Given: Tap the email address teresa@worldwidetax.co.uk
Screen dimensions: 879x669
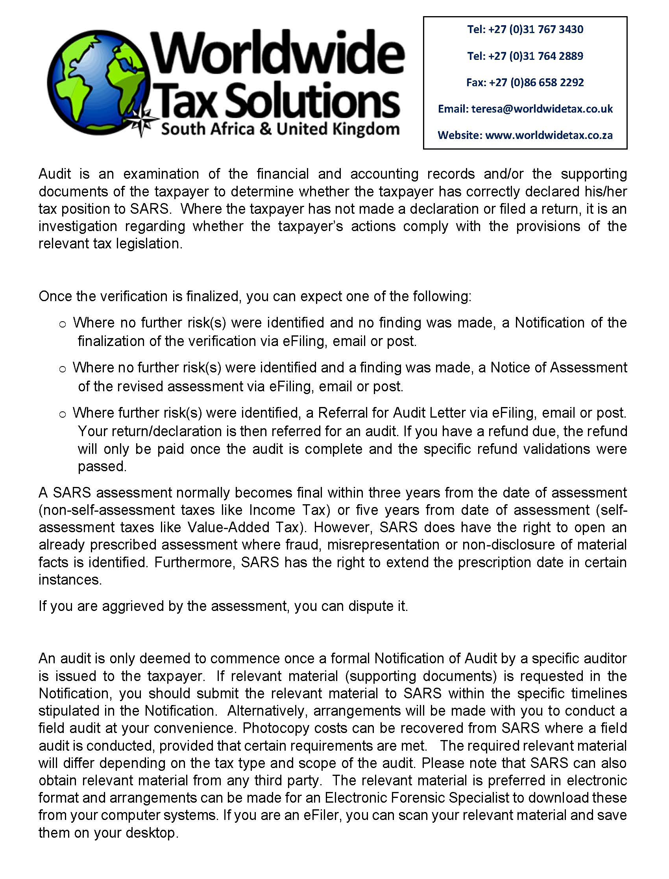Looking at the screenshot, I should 542,109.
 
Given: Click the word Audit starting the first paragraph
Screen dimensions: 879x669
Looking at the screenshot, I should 55,174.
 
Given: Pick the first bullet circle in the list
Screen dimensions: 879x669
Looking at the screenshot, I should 62,324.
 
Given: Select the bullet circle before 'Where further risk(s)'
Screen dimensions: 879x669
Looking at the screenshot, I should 62,415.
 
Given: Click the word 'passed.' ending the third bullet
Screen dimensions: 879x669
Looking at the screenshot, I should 102,466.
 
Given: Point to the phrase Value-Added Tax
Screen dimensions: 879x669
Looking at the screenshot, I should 243,527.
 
